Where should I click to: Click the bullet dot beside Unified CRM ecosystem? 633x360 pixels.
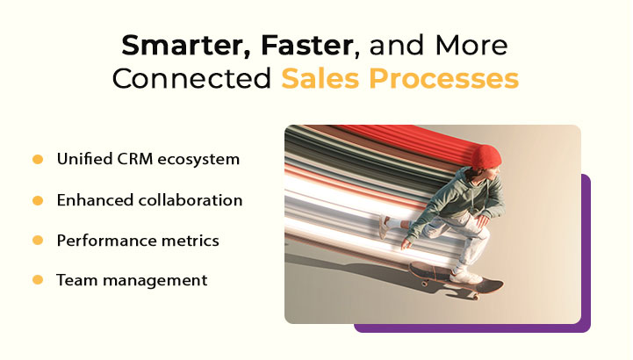pos(38,160)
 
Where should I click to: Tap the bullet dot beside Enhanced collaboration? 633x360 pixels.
pos(38,200)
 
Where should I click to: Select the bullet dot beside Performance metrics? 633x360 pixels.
pos(38,240)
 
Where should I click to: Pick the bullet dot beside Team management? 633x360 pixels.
pos(38,280)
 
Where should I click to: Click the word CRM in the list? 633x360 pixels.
pos(132,160)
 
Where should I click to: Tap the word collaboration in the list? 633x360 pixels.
pos(191,200)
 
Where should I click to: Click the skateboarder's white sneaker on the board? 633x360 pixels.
pos(465,276)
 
